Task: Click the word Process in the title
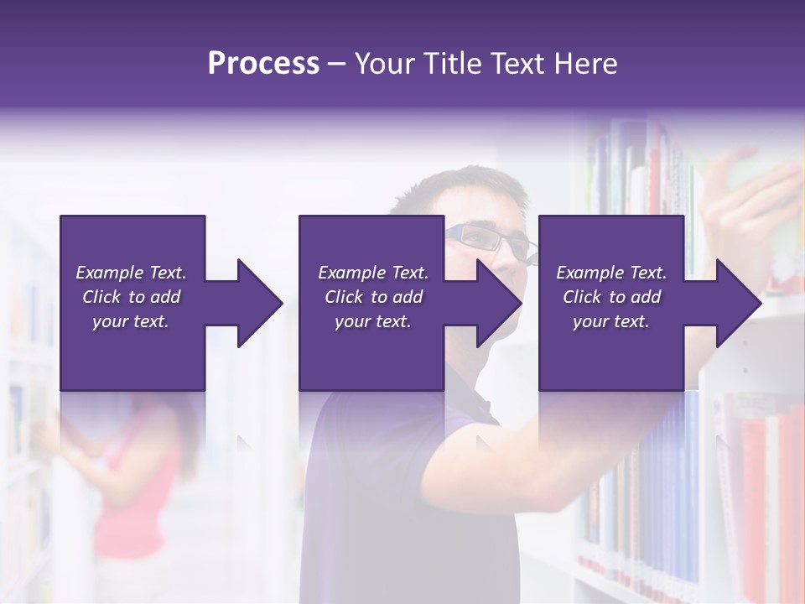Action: tap(263, 64)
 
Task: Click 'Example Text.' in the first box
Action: tap(131, 273)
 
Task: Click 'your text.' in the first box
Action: tap(131, 321)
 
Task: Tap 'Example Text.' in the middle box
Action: tap(373, 273)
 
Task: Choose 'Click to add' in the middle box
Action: tap(373, 297)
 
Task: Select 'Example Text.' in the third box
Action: tap(611, 273)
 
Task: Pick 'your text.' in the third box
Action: tap(611, 321)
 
